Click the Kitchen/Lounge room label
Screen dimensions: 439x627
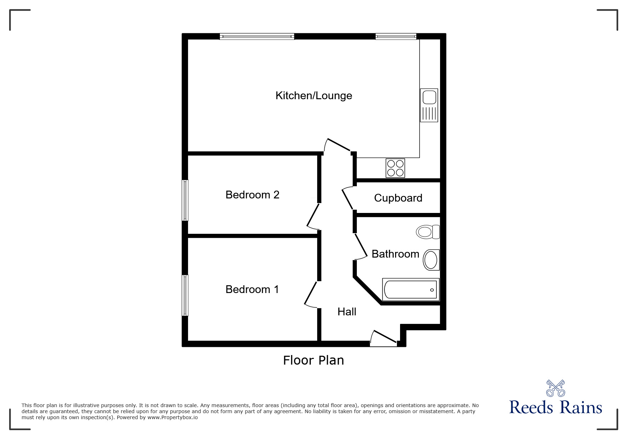pos(314,96)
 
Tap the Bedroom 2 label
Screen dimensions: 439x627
pos(252,195)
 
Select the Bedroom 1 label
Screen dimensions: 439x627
pos(252,289)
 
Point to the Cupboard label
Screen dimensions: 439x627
pos(398,198)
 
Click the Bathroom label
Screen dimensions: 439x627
pos(395,254)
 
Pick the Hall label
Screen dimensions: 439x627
pos(347,312)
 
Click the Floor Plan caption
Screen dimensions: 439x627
pos(313,360)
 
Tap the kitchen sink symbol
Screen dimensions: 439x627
pos(429,105)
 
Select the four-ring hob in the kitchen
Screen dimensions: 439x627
pos(395,168)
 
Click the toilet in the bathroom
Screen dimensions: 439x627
pos(428,232)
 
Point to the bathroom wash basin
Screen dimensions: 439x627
pos(431,260)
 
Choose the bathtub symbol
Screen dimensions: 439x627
pos(411,289)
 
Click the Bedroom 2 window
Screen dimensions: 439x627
pos(185,200)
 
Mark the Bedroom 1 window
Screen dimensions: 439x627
pos(185,296)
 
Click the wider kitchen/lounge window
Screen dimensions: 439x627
pos(257,36)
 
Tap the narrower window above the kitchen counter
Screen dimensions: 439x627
pos(395,36)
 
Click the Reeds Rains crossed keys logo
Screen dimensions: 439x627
pos(555,388)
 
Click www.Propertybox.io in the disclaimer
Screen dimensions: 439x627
pos(172,417)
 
